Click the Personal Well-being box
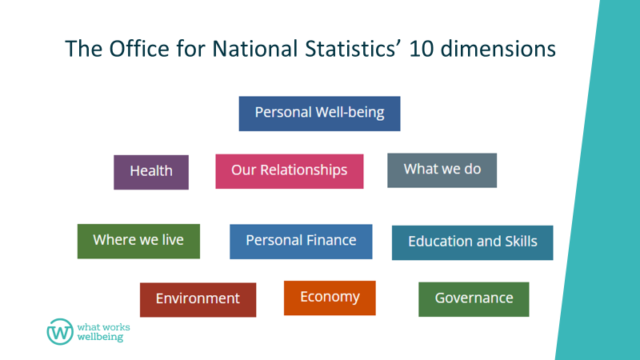click(x=319, y=114)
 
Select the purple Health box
click(x=151, y=172)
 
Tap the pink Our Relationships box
click(x=290, y=171)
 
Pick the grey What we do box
click(x=442, y=170)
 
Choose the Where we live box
click(x=138, y=242)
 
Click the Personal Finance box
click(x=301, y=242)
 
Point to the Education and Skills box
click(x=472, y=243)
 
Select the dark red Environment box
click(x=198, y=300)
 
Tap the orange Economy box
click(x=330, y=298)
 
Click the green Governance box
click(x=474, y=299)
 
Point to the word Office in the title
click(x=139, y=49)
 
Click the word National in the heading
click(x=255, y=49)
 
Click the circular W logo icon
click(x=60, y=332)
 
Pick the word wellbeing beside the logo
click(x=100, y=337)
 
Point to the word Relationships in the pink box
click(x=304, y=170)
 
